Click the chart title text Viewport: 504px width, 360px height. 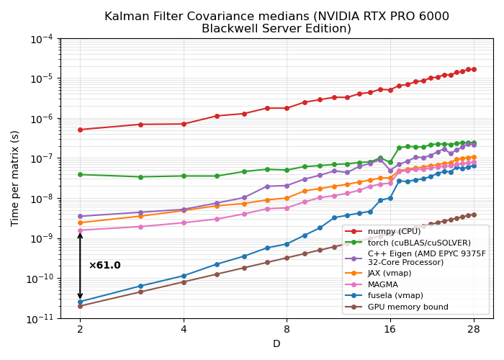276,22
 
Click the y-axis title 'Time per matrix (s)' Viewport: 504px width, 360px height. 15,178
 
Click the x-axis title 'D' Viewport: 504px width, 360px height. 276,344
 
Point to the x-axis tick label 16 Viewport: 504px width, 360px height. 390,330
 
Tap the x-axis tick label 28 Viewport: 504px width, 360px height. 474,330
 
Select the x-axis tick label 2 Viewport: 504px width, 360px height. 80,330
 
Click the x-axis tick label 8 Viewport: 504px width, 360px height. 287,330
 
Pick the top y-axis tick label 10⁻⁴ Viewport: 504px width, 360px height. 41,38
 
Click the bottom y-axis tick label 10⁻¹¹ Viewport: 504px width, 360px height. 41,318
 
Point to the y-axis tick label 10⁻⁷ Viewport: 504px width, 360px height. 41,158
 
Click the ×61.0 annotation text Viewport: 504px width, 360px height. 104,266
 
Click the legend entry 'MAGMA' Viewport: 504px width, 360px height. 382,284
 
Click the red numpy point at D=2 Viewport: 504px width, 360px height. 80,130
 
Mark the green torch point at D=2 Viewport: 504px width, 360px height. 80,174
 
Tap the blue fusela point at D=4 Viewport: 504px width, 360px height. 184,276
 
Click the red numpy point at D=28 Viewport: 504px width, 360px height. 474,69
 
